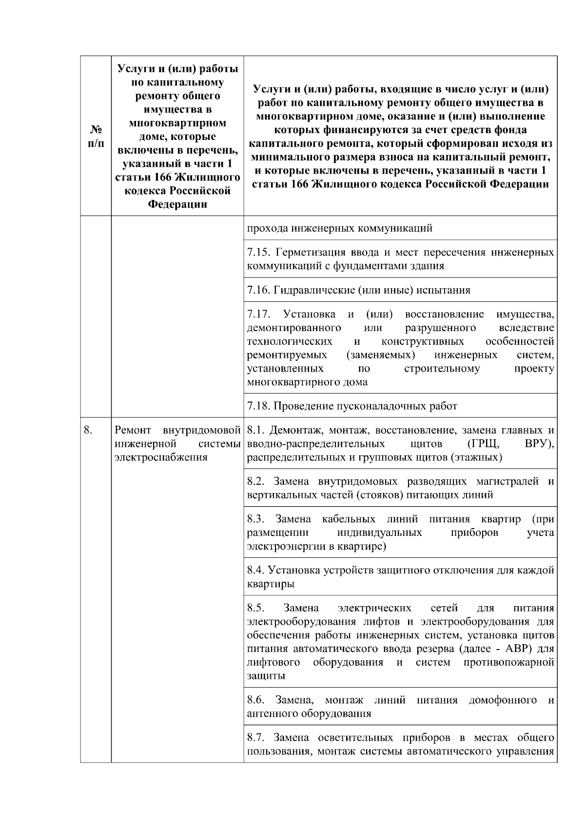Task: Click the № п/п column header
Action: [x=96, y=137]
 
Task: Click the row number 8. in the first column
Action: [x=88, y=430]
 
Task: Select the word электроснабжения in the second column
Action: [x=160, y=457]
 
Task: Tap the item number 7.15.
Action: [x=257, y=253]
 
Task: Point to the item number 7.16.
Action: [x=257, y=291]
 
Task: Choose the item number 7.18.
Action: [x=257, y=406]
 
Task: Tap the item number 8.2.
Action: [x=256, y=482]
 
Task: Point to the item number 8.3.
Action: [x=256, y=519]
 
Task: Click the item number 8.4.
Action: [x=256, y=570]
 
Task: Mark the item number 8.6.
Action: [x=256, y=701]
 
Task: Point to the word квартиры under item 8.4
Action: [x=271, y=584]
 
